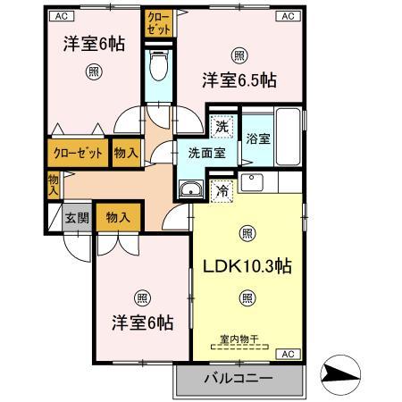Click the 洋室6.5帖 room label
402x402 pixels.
[x=238, y=80]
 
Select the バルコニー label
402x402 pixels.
[x=238, y=378]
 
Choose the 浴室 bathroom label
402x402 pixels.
[x=258, y=138]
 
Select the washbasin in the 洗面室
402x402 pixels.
[x=190, y=189]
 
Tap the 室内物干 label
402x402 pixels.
[x=239, y=339]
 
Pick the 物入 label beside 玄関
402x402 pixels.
[x=118, y=217]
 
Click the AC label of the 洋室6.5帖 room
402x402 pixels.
[x=288, y=16]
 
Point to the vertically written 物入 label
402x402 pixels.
[x=53, y=184]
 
